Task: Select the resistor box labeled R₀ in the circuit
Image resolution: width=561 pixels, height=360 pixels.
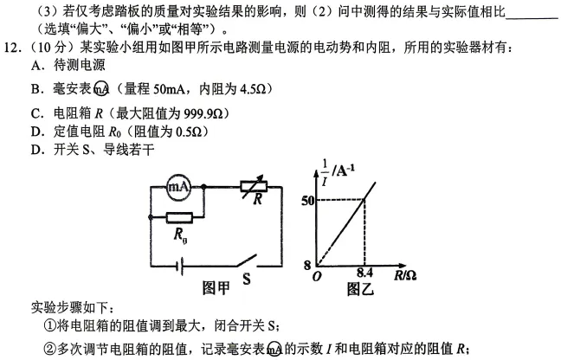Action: click(x=179, y=217)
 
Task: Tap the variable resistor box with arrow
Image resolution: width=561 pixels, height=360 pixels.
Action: click(x=254, y=187)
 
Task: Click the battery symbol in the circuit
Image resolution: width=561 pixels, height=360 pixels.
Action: click(x=181, y=267)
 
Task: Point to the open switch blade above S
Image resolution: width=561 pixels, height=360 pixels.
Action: click(x=246, y=260)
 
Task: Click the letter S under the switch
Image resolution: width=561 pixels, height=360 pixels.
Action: click(x=247, y=279)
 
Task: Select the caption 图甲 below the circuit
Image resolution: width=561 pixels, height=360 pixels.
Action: click(x=216, y=288)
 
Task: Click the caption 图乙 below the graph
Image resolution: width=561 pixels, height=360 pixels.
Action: click(x=360, y=289)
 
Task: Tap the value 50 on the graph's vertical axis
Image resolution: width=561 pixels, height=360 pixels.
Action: click(x=307, y=201)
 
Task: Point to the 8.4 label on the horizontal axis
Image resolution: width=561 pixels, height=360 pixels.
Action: click(x=364, y=273)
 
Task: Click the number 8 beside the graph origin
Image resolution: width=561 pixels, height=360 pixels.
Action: click(x=307, y=266)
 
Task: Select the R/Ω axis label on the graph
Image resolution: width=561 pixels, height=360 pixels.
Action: click(x=404, y=276)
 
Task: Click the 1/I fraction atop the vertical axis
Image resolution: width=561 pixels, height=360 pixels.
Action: click(x=325, y=173)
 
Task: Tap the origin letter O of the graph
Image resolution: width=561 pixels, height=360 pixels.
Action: click(x=317, y=276)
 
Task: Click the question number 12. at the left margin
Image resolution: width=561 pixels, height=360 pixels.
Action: click(x=11, y=47)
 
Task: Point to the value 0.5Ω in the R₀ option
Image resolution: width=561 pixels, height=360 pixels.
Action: click(x=189, y=132)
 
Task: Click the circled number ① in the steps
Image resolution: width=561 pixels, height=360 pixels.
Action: click(x=49, y=325)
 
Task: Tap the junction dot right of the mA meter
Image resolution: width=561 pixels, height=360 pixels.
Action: click(x=204, y=187)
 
